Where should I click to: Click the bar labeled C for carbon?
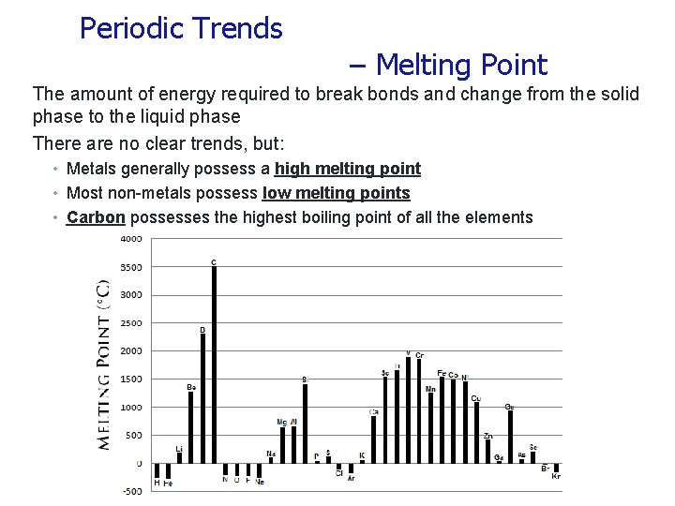pyautogui.click(x=214, y=365)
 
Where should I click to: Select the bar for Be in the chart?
pyautogui.click(x=190, y=427)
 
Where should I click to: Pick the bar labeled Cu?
pyautogui.click(x=476, y=433)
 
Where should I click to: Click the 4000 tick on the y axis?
pyautogui.click(x=130, y=238)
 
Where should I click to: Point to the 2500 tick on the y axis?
pyautogui.click(x=130, y=323)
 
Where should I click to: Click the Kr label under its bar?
pyautogui.click(x=556, y=477)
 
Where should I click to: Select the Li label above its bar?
pyautogui.click(x=179, y=449)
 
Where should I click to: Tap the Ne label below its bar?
pyautogui.click(x=260, y=482)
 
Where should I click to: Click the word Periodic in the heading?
pyautogui.click(x=131, y=29)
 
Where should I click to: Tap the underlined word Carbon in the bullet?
pyautogui.click(x=97, y=217)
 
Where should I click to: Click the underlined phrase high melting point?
pyautogui.click(x=347, y=169)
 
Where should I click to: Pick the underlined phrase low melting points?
pyautogui.click(x=336, y=193)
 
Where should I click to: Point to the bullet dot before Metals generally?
pyautogui.click(x=56, y=170)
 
